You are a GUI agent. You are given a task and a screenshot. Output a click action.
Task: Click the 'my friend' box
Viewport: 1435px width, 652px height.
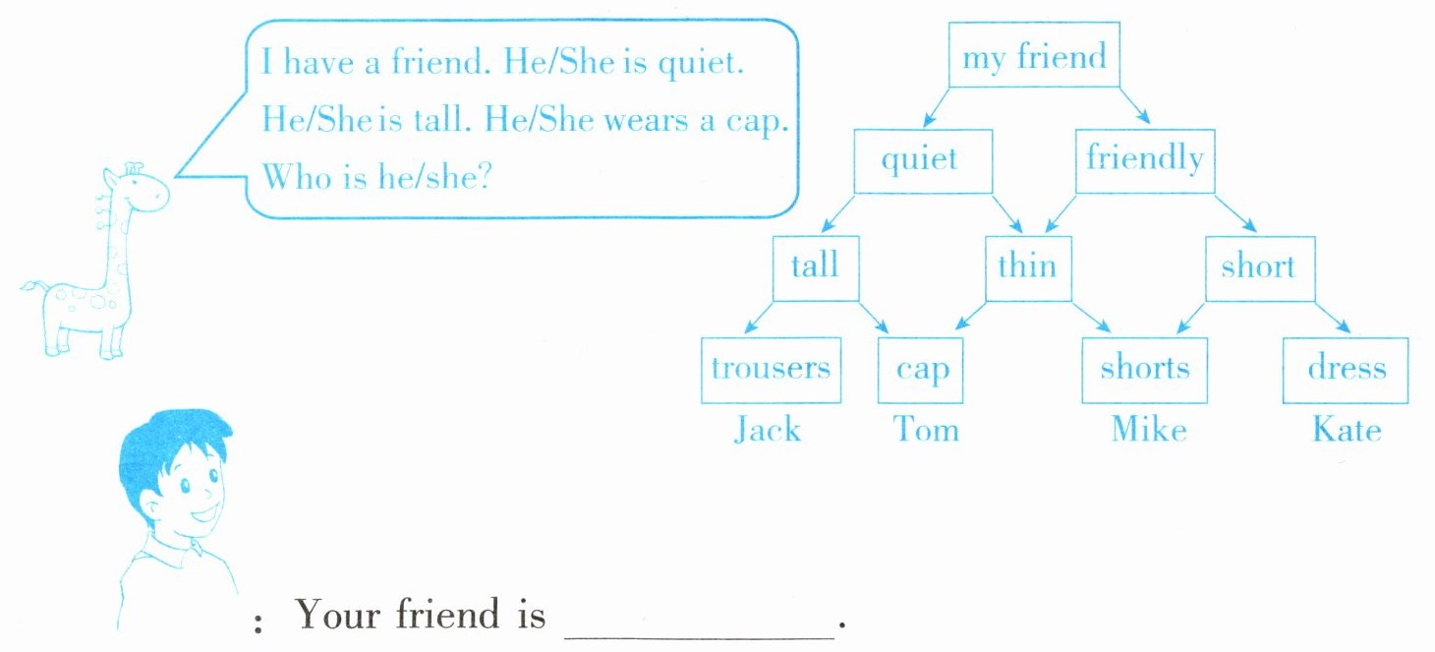pyautogui.click(x=1034, y=57)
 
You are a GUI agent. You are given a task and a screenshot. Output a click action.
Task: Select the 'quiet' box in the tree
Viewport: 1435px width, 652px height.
pyautogui.click(x=919, y=159)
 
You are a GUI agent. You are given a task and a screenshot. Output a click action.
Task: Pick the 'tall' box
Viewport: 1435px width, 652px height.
pyautogui.click(x=816, y=267)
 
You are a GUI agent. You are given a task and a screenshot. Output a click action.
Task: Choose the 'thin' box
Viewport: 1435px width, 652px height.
pyautogui.click(x=1027, y=267)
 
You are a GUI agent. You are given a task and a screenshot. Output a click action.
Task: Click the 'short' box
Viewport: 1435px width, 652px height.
pyautogui.click(x=1259, y=267)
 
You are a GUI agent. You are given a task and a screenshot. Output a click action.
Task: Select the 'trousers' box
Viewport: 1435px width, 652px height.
pyautogui.click(x=771, y=370)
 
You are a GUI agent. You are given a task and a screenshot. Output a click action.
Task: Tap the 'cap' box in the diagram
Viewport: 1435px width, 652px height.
pyautogui.click(x=922, y=370)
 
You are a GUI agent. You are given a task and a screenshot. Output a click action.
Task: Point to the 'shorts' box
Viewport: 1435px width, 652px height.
pyautogui.click(x=1144, y=370)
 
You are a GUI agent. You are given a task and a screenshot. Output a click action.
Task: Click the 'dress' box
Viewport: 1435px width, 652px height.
pyautogui.click(x=1346, y=370)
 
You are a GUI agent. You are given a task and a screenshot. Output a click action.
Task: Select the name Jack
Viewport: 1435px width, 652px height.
pyautogui.click(x=768, y=430)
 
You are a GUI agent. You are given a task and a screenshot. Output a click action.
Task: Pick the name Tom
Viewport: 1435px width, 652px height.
pyautogui.click(x=925, y=430)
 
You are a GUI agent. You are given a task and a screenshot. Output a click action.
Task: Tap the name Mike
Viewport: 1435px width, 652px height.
pyautogui.click(x=1148, y=430)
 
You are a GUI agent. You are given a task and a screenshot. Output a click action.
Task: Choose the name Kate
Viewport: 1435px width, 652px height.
pyautogui.click(x=1346, y=430)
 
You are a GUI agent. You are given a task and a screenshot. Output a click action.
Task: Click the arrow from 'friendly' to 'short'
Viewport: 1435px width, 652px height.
pyautogui.click(x=1236, y=213)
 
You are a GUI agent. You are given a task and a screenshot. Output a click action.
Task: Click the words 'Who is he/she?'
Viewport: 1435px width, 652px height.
pyautogui.click(x=376, y=178)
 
